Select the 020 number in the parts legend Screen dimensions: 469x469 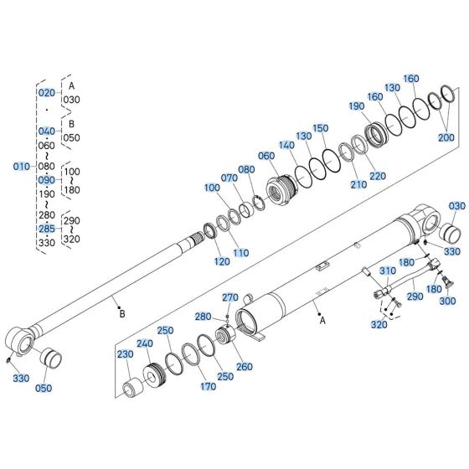pyautogui.click(x=46, y=92)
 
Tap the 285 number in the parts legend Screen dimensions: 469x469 pyautogui.click(x=46, y=228)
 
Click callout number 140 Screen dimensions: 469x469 pyautogui.click(x=287, y=145)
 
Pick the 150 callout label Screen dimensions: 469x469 pyautogui.click(x=321, y=128)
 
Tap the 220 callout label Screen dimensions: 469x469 pyautogui.click(x=377, y=176)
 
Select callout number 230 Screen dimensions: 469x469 pyautogui.click(x=126, y=354)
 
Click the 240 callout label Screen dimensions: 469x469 pyautogui.click(x=145, y=343)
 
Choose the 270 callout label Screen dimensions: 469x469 pyautogui.click(x=230, y=297)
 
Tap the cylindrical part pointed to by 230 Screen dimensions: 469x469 pyautogui.click(x=131, y=389)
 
